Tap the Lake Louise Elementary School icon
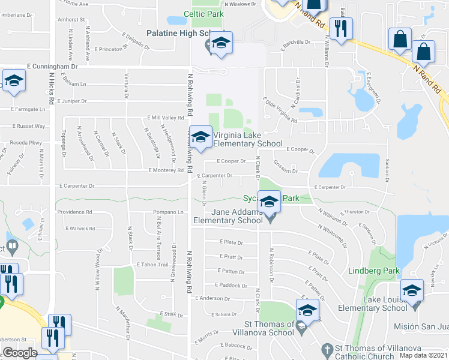[412, 291]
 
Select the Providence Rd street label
[75, 212]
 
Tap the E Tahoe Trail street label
[154, 265]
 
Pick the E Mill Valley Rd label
[166, 118]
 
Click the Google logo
[20, 353]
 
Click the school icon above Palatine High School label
[221, 44]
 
